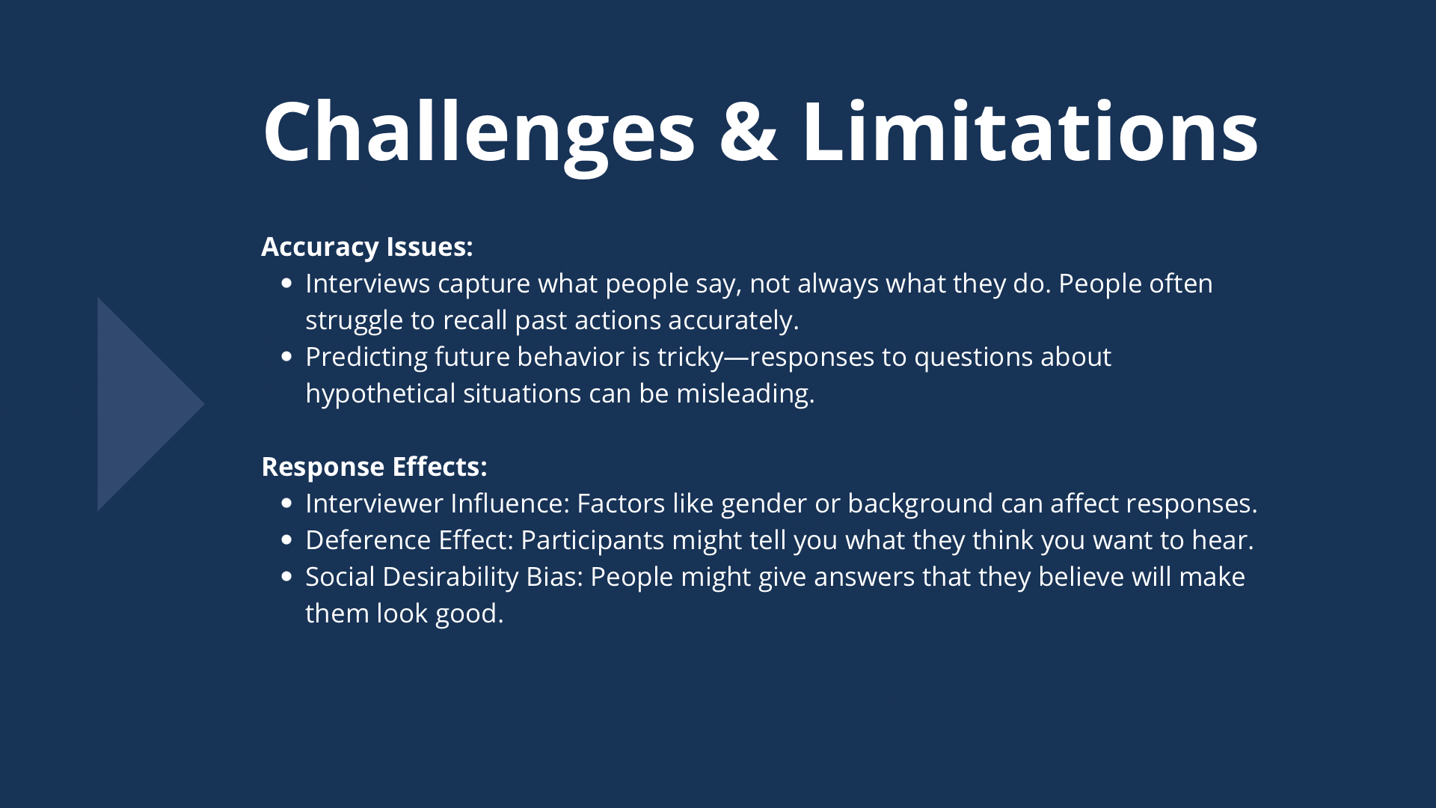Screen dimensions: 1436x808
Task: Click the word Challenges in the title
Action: point(479,132)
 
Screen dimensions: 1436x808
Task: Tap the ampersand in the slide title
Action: point(749,132)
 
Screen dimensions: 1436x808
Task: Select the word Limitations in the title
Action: point(1030,131)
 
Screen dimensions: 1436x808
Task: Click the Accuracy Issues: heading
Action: point(366,247)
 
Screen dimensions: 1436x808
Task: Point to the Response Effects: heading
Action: point(374,467)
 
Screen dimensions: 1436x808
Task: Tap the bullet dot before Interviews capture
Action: point(286,284)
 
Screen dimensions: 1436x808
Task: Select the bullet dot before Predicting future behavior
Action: point(286,357)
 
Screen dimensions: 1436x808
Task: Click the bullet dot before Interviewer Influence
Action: point(286,504)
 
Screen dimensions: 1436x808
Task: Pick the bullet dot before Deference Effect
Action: point(286,540)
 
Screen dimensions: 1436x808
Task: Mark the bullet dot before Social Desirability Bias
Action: point(286,577)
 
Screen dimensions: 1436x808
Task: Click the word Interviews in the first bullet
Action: point(368,284)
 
